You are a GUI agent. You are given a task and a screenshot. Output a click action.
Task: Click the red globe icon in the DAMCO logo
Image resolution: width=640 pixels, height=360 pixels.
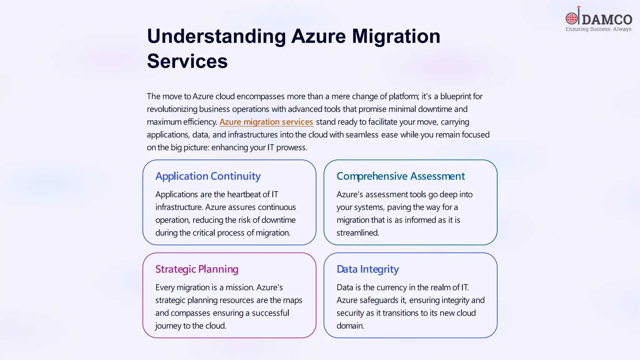point(572,19)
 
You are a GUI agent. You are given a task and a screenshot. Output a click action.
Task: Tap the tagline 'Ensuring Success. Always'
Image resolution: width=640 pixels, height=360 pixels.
point(598,29)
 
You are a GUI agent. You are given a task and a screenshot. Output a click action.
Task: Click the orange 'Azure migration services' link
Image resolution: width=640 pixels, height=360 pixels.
point(266,122)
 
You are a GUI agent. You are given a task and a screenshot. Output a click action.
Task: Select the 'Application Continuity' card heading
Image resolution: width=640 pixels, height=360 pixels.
point(208,176)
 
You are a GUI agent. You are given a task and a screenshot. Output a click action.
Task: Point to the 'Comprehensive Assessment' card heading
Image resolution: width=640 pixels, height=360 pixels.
point(401,176)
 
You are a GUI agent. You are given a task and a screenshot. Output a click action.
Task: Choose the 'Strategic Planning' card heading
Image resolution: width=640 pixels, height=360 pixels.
point(197,269)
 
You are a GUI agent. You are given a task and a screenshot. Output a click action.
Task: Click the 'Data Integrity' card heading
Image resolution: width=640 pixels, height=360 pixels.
point(367,269)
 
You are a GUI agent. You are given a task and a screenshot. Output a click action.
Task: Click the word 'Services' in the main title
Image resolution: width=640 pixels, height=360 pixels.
point(187,61)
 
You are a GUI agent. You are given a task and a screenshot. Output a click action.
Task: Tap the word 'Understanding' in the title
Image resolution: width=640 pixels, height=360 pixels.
point(216,36)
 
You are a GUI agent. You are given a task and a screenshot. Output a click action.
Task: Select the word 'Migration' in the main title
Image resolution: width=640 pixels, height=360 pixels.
point(396,36)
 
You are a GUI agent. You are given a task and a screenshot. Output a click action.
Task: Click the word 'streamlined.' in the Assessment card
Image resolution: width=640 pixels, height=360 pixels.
point(358,233)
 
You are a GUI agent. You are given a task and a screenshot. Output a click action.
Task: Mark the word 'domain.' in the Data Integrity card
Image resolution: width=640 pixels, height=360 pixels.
point(350,326)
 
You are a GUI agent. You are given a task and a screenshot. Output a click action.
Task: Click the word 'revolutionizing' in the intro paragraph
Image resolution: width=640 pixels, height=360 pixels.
point(172,109)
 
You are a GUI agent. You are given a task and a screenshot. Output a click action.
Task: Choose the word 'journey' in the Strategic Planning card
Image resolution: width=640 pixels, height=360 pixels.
point(168,326)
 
